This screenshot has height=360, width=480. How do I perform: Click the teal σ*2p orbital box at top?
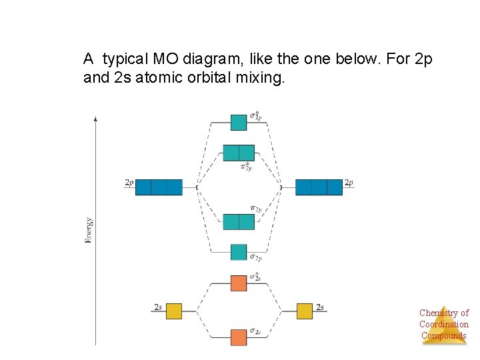pos(239,123)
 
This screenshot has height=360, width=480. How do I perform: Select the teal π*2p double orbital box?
pos(239,153)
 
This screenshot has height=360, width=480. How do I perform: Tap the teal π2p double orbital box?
pos(239,222)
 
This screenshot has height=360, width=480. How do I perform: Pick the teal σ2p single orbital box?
pos(239,252)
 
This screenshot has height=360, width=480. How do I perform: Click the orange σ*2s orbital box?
pos(239,283)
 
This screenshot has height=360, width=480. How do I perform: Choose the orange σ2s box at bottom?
pos(239,337)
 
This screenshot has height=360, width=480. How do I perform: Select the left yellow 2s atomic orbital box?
pos(174,311)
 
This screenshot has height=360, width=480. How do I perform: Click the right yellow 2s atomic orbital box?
pos(305,311)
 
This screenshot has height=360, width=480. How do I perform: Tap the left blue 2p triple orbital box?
pos(159,187)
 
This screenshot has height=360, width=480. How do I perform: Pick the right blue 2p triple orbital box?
pos(319,187)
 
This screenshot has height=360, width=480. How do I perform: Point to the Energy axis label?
pos(89,230)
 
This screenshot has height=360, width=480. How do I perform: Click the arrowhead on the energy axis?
pos(96,119)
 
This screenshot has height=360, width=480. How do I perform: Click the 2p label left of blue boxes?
pos(129,182)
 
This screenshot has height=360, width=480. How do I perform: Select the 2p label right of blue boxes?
pos(349,182)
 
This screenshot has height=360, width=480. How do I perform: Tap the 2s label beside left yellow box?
pos(158,307)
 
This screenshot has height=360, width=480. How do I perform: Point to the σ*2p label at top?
pos(255,116)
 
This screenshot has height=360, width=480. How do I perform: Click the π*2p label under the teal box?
pos(245,166)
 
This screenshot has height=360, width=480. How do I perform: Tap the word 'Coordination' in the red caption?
pos(444,324)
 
